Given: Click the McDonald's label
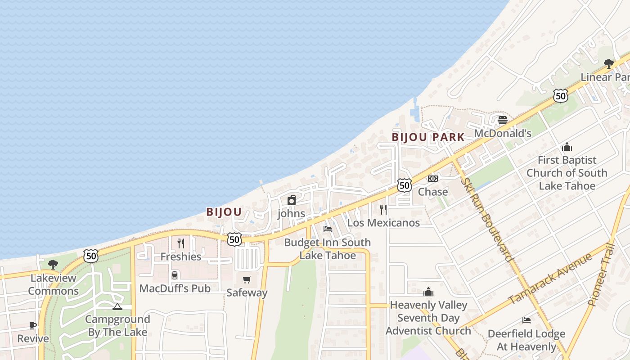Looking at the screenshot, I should [x=503, y=134].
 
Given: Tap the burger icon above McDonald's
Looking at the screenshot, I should [x=503, y=120].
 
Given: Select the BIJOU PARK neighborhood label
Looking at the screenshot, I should [x=428, y=137].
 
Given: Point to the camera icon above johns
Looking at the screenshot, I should [x=292, y=200].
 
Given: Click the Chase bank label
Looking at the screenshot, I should [x=433, y=192].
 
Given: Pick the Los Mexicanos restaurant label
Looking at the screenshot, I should [x=383, y=223].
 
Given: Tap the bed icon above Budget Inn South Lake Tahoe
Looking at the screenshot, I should [x=328, y=229].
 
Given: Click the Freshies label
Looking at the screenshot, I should [x=181, y=256].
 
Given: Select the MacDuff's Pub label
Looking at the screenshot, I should [x=175, y=288].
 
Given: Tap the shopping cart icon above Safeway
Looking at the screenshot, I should [x=247, y=280].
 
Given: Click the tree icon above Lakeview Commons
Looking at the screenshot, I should [x=53, y=264].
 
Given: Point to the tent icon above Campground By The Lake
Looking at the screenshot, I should [x=117, y=307].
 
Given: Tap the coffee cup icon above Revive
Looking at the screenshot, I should [x=33, y=325].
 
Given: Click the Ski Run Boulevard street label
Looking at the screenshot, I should [x=487, y=219].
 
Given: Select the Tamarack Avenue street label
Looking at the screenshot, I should [x=550, y=279].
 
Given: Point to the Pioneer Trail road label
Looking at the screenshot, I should [x=602, y=274].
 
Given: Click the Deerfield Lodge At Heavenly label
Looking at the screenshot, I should [x=526, y=340].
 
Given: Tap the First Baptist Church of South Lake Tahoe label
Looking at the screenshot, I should [x=567, y=173].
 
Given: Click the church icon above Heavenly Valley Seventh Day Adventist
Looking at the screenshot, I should [x=428, y=292].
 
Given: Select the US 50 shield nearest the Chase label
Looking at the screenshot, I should [x=405, y=185].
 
